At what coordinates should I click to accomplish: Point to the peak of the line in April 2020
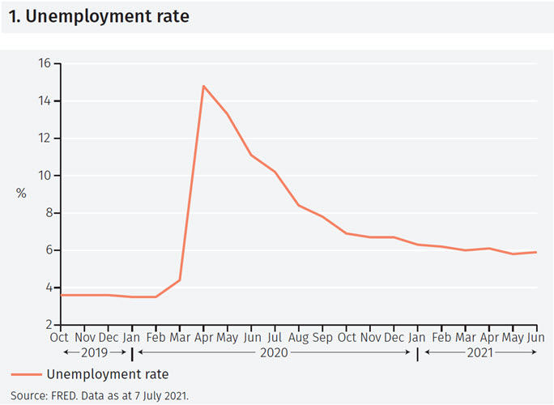[203, 86]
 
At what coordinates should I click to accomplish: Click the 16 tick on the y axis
[45, 63]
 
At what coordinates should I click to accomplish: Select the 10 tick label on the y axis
[45, 176]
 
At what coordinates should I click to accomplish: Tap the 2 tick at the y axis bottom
[48, 325]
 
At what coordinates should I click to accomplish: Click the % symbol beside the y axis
[21, 194]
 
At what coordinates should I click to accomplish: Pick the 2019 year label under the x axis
[95, 352]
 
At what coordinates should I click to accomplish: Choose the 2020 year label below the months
[273, 352]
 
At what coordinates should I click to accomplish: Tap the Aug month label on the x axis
[299, 337]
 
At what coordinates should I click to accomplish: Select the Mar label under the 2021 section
[465, 337]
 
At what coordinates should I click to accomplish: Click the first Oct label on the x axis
[59, 337]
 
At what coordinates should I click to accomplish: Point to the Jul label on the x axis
[275, 337]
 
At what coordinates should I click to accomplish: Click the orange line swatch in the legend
[26, 374]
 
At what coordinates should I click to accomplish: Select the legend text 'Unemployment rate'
[108, 374]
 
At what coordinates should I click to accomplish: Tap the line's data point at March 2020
[179, 280]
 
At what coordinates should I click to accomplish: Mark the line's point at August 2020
[299, 206]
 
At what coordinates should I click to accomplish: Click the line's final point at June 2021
[536, 252]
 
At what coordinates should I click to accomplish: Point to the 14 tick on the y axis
[45, 101]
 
